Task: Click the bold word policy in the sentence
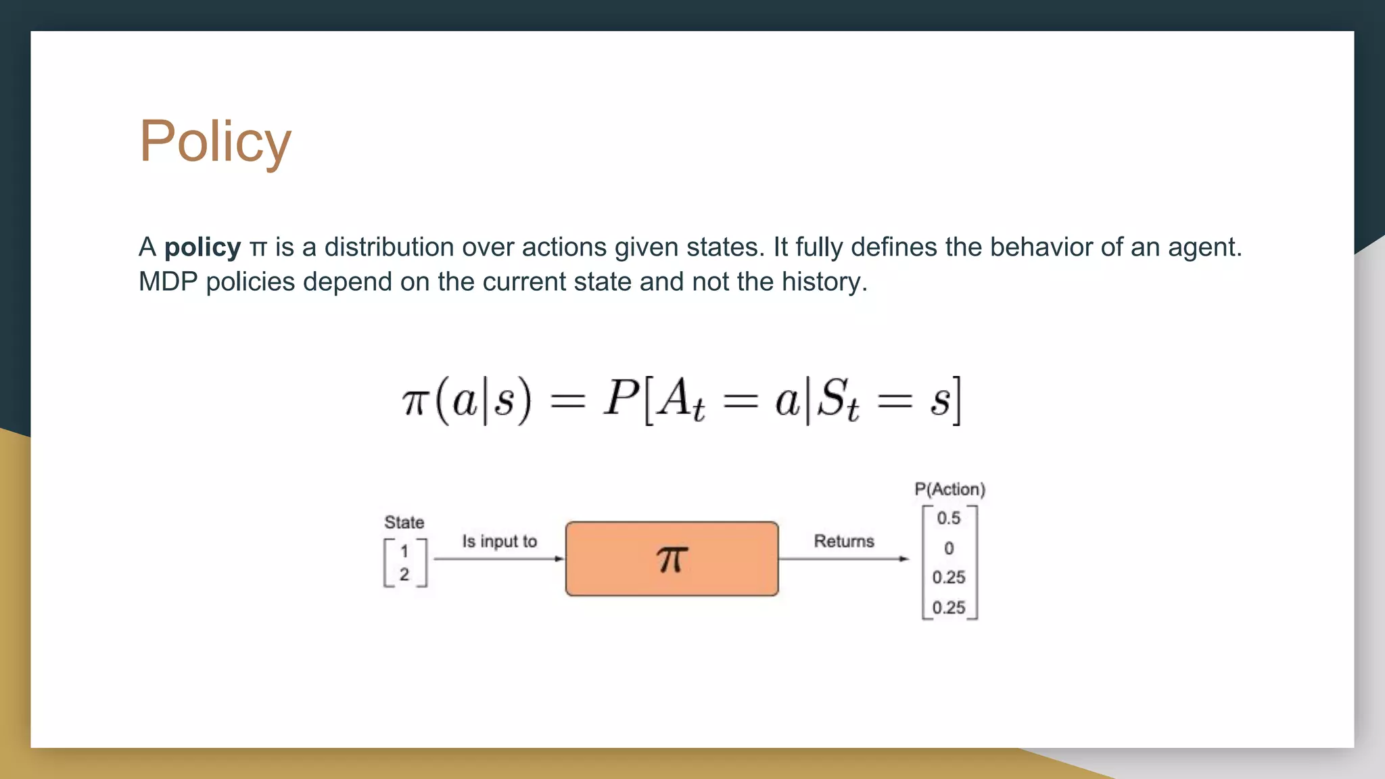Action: (202, 247)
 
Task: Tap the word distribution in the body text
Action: (389, 247)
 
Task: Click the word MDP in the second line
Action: (168, 282)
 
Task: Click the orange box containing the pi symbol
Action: (672, 559)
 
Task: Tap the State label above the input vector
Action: (404, 522)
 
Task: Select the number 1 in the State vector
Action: (404, 551)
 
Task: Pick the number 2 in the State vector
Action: (404, 575)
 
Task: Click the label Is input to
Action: (499, 541)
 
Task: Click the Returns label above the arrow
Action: (843, 541)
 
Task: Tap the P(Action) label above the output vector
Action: (949, 489)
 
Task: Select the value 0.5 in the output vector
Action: (948, 519)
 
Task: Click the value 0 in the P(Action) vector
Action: (949, 548)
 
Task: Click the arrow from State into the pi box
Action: (498, 559)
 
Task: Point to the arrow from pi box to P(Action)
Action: (843, 559)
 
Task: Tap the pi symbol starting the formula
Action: (415, 402)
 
